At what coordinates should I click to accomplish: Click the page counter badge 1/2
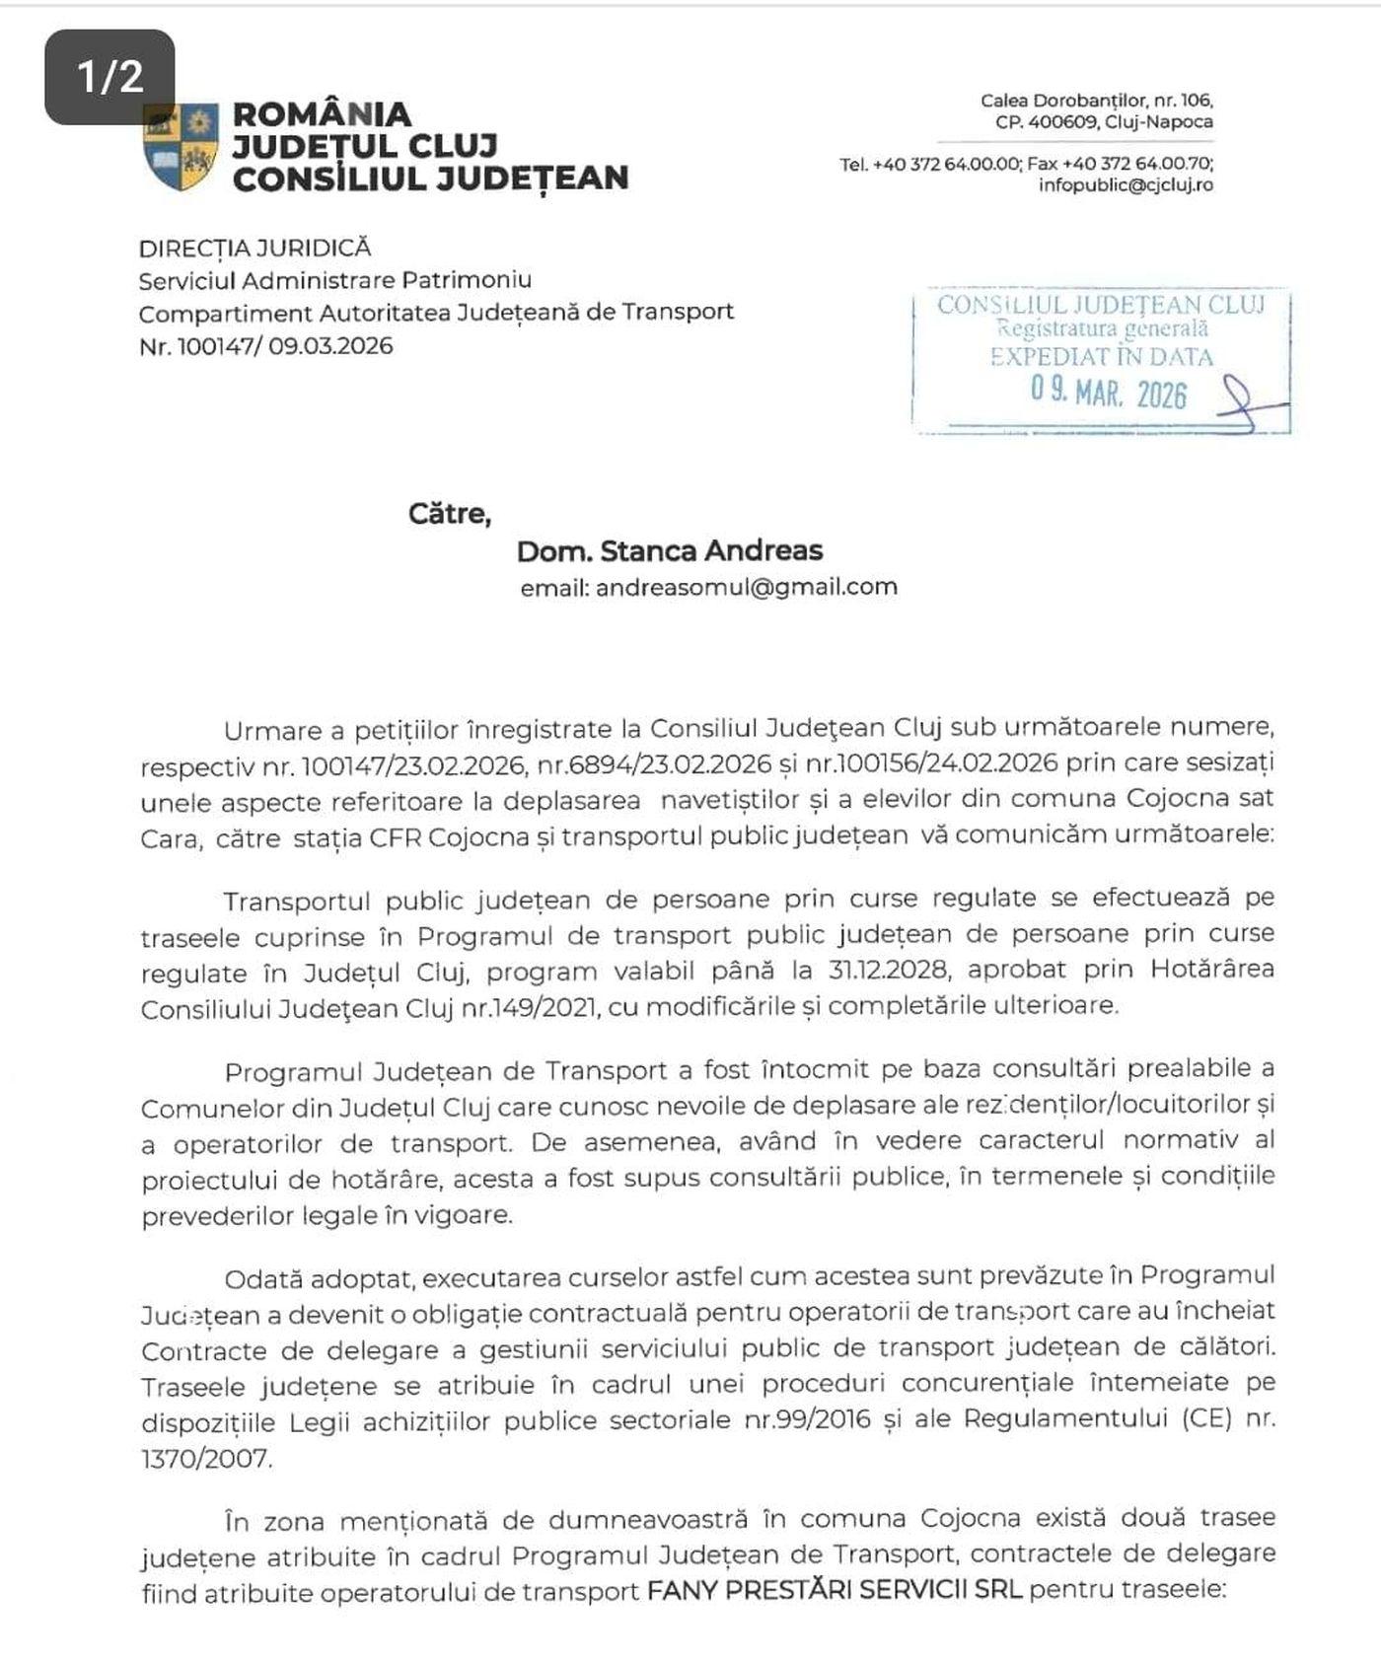(109, 77)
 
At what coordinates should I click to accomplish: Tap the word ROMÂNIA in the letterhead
(322, 113)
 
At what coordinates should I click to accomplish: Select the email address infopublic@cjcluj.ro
(1125, 184)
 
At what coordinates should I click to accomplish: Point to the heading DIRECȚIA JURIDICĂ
(254, 249)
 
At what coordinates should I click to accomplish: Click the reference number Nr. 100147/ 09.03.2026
(266, 346)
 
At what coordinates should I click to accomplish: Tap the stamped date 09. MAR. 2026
(1109, 393)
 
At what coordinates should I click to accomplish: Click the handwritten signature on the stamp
(1248, 404)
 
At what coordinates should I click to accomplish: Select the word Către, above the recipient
(449, 514)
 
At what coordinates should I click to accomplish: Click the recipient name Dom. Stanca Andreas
(670, 550)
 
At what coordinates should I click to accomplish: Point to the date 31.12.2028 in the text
(871, 970)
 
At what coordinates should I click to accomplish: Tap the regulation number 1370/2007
(205, 1458)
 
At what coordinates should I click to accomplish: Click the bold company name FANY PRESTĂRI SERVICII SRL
(835, 1591)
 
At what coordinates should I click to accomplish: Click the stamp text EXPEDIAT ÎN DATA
(1101, 356)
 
